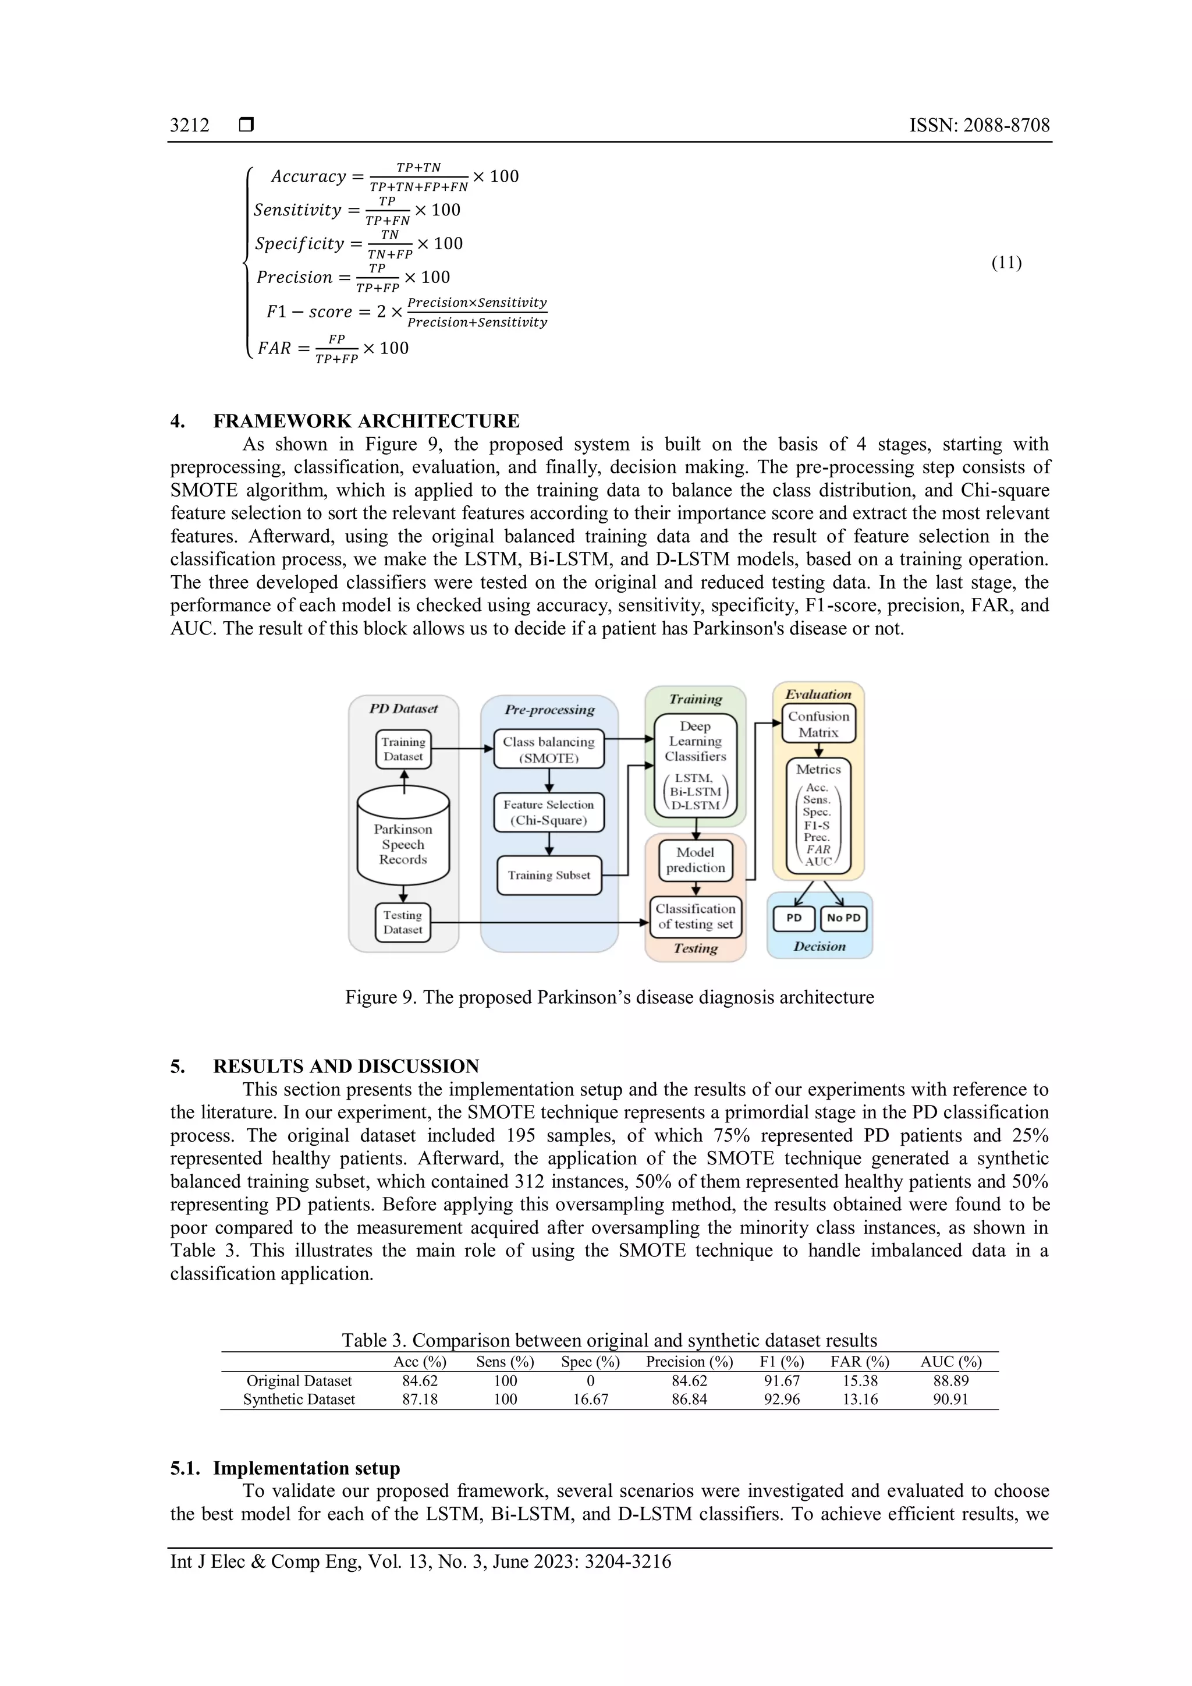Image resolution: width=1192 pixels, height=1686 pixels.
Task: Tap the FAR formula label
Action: [274, 348]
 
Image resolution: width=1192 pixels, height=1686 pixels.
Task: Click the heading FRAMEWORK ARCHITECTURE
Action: [366, 421]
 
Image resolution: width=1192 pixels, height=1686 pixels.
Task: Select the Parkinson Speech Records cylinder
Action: [403, 844]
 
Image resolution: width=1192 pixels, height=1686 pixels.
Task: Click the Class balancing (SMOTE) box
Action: [548, 749]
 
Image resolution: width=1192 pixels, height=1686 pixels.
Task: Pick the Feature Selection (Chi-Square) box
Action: [548, 812]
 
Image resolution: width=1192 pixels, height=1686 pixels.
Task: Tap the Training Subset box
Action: [548, 875]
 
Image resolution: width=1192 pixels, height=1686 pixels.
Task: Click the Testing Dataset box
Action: [403, 922]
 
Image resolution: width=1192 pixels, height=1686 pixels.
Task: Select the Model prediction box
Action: [695, 860]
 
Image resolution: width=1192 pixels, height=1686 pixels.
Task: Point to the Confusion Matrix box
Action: [818, 724]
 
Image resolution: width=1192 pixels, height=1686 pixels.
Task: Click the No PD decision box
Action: [843, 918]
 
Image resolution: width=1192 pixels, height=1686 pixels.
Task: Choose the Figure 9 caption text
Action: [609, 997]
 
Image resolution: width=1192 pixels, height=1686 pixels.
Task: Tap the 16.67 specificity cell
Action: [590, 1400]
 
